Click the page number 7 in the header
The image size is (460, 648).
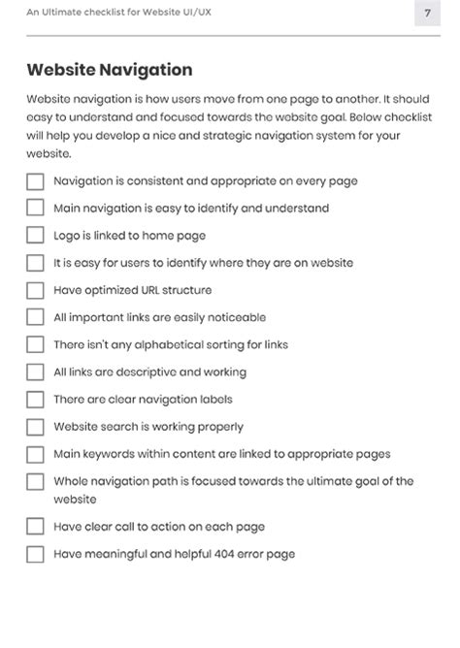427,14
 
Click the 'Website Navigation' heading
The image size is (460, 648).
109,70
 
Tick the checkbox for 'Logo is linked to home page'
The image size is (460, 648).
35,235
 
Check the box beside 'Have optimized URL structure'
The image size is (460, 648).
35,290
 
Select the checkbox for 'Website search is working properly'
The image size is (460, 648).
35,427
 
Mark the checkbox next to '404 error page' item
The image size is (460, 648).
35,555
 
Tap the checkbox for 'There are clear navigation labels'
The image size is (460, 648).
35,400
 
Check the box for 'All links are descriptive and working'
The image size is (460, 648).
35,372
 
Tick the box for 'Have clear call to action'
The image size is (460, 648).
35,527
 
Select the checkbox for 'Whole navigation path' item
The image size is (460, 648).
35,482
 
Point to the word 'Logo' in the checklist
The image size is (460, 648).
67,235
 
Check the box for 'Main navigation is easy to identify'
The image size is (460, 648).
35,208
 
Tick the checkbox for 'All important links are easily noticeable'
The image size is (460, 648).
35,317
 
